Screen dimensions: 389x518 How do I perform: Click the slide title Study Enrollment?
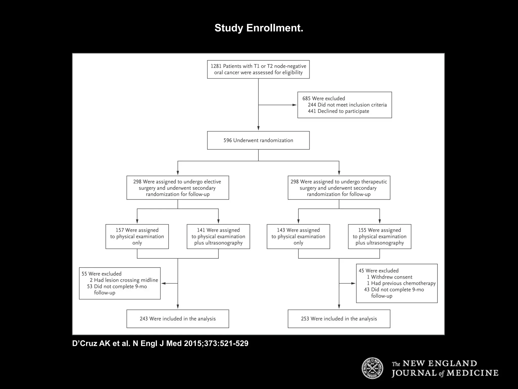(259, 28)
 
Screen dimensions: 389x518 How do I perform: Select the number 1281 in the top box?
(216, 66)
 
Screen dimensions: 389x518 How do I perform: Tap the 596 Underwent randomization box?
(258, 140)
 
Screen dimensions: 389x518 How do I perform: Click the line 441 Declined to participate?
(338, 111)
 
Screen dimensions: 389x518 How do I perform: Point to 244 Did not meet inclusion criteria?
(347, 105)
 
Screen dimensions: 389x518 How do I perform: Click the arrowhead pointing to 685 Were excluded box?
(294, 105)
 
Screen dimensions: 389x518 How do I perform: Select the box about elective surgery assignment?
(178, 188)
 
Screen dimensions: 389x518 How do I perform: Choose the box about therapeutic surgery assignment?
(339, 188)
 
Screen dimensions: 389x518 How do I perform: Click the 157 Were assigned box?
(137, 236)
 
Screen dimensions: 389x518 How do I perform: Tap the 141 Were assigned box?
(218, 236)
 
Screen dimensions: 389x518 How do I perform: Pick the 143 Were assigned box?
(298, 236)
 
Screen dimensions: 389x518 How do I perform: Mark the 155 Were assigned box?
(379, 236)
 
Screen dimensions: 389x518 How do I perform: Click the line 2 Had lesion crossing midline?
(124, 280)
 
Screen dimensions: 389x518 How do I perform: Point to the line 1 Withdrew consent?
(389, 277)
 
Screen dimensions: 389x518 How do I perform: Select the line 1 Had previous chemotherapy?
(401, 283)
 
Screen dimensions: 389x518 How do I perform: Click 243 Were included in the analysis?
(178, 319)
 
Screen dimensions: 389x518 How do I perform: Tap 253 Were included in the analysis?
(339, 319)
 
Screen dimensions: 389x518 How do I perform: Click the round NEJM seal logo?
(372, 368)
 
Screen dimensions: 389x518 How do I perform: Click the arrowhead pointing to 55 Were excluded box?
(164, 283)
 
